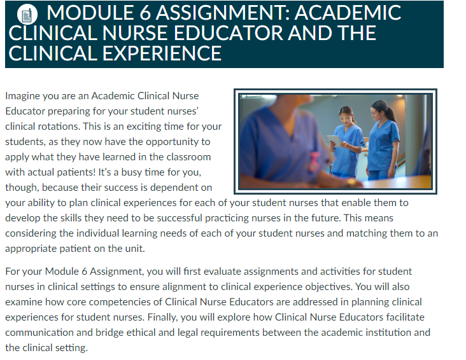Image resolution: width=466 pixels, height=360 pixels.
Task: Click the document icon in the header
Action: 27,15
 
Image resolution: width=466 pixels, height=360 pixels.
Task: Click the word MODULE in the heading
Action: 90,13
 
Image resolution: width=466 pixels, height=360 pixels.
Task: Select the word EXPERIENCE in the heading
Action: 162,53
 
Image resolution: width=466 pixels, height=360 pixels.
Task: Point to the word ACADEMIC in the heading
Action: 348,13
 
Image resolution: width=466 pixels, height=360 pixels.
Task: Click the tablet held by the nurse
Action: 334,141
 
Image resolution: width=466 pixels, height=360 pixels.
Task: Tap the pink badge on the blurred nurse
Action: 314,162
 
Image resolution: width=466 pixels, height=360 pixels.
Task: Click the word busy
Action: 131,172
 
